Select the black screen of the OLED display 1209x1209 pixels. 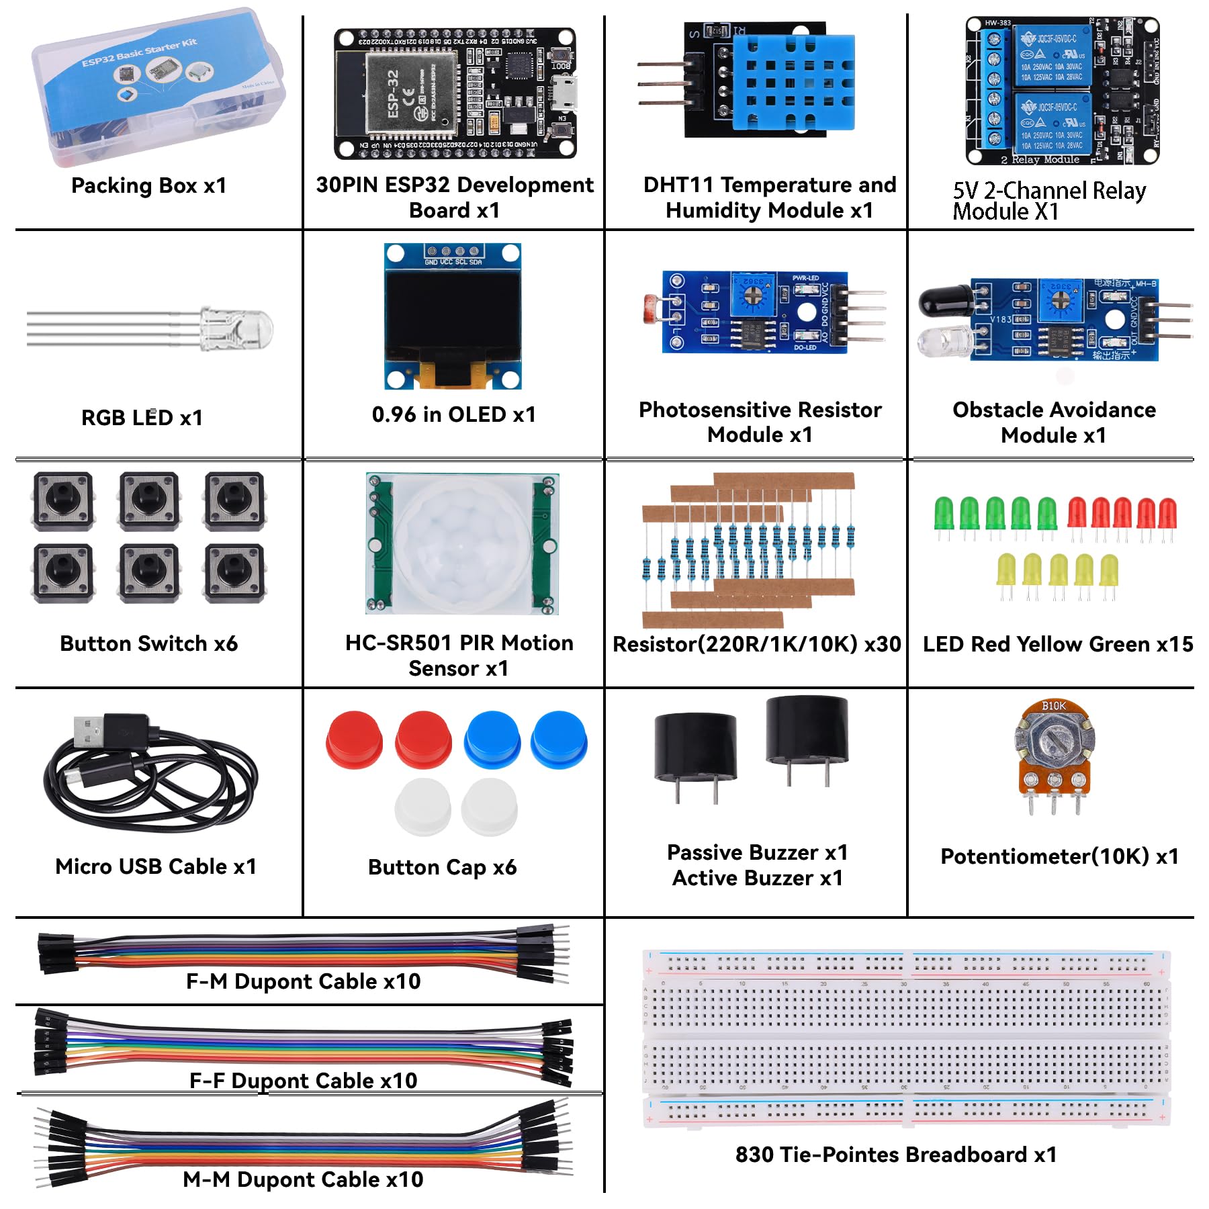pos(453,316)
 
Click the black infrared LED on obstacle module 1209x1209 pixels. pos(944,304)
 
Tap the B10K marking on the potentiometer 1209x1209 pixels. pos(1053,706)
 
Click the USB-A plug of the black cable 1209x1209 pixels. pos(91,731)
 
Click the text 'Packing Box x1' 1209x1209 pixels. pos(149,185)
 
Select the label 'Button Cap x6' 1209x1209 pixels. pos(442,867)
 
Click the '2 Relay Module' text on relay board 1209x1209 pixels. pos(1040,160)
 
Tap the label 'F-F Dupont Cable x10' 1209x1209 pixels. pos(304,1080)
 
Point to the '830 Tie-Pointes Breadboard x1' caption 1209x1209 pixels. pos(896,1155)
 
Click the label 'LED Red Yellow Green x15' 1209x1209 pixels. pos(1058,644)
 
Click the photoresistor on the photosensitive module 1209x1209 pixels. pos(652,308)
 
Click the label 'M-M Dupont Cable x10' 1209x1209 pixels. pos(303,1179)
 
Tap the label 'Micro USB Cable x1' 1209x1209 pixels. pos(156,866)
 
